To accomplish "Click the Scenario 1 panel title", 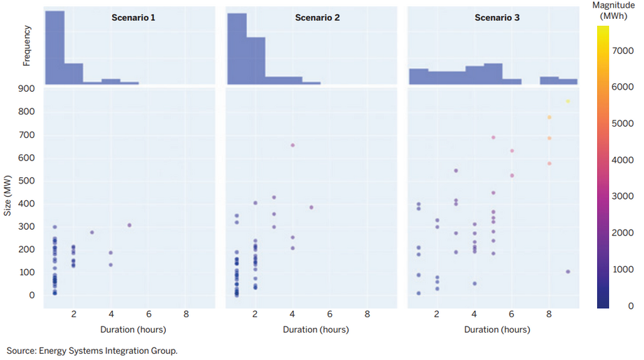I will [x=134, y=17].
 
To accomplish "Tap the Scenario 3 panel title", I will [x=497, y=17].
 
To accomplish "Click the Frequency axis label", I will [x=27, y=46].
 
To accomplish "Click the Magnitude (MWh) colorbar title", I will [x=618, y=11].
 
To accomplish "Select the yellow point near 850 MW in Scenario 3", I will [x=568, y=102].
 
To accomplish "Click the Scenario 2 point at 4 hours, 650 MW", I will [x=293, y=146].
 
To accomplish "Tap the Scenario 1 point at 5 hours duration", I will [x=129, y=226].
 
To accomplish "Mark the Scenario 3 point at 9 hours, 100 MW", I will [x=568, y=272].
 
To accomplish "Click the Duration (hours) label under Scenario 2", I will [x=316, y=329].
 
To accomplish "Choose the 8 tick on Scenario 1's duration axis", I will [x=185, y=314].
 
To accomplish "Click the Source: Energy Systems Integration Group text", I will [x=92, y=350].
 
